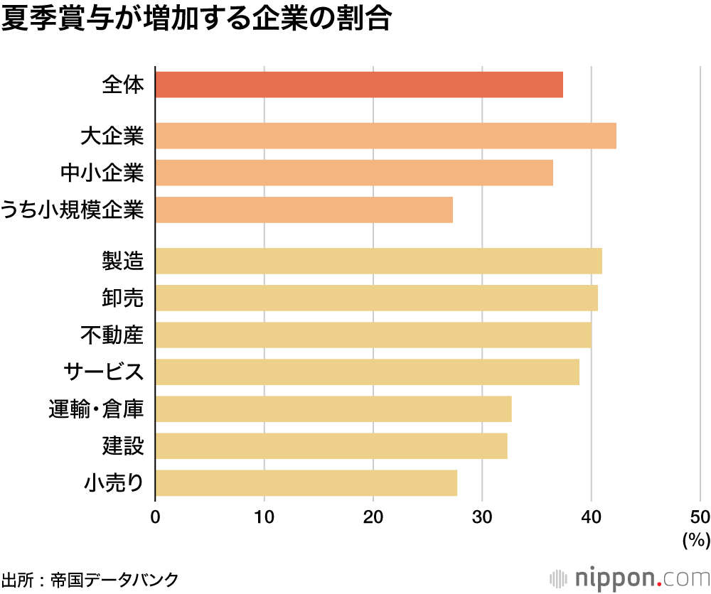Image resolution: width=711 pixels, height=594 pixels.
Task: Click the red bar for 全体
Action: (359, 85)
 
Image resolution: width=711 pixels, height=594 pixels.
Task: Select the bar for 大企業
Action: (385, 136)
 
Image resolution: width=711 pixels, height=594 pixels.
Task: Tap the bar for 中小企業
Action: (354, 173)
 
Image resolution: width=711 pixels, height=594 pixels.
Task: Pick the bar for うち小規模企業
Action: (304, 210)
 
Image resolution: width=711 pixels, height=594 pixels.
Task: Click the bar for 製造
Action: (378, 261)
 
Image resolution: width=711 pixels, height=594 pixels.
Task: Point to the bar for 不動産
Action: (373, 335)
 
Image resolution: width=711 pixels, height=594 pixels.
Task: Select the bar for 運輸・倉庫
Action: (333, 409)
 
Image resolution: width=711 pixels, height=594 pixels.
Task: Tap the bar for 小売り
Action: (306, 482)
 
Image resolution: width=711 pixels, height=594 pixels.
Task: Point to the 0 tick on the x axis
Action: (155, 517)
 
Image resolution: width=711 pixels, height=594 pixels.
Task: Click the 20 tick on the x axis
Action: (373, 517)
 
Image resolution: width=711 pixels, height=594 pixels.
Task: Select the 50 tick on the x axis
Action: (700, 517)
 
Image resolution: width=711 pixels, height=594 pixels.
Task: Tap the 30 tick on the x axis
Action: (482, 517)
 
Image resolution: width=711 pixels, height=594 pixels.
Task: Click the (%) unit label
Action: (695, 540)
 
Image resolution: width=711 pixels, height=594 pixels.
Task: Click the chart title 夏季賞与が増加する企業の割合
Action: (196, 20)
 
